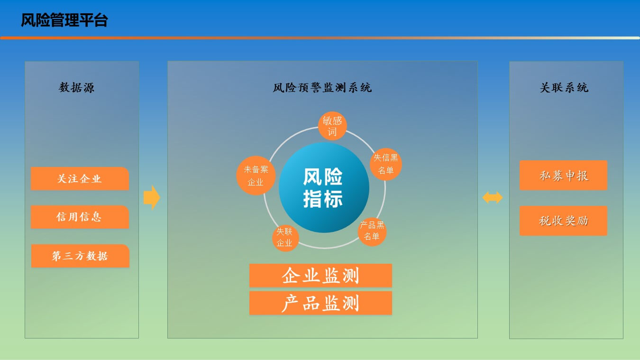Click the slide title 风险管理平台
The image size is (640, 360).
click(x=64, y=20)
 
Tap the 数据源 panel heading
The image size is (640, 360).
click(x=76, y=87)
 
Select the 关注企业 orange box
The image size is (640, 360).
click(x=80, y=178)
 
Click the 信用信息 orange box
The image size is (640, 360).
click(x=80, y=217)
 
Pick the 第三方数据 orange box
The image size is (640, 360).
click(x=80, y=256)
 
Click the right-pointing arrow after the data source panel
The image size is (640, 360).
click(x=152, y=197)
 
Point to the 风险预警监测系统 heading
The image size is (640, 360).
click(x=322, y=87)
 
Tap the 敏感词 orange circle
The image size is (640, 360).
click(x=332, y=126)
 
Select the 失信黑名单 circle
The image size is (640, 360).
click(x=386, y=164)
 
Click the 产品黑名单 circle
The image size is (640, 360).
click(x=372, y=231)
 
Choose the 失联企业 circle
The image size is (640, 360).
click(x=285, y=238)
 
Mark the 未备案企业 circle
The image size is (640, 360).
click(x=256, y=175)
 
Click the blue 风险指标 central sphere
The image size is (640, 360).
click(x=324, y=187)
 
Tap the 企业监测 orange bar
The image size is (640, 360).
click(x=320, y=276)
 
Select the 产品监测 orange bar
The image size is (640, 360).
click(x=320, y=303)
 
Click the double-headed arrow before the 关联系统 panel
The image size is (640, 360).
click(x=493, y=198)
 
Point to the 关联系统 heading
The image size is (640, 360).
click(x=564, y=87)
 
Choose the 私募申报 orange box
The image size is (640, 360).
click(x=563, y=175)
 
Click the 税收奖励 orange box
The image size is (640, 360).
click(x=563, y=221)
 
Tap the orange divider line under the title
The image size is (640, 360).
click(x=320, y=38)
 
